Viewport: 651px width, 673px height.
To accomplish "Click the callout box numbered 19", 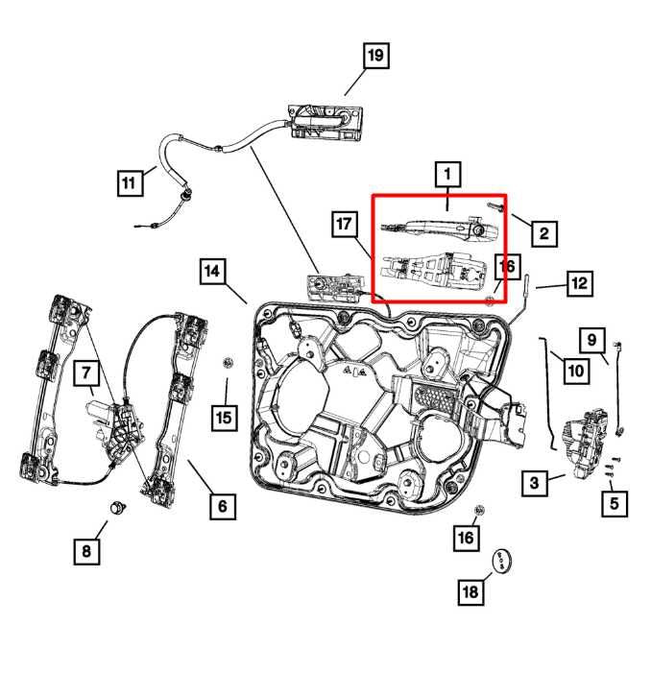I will [x=374, y=57].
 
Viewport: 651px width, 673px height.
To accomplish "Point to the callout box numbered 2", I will [x=542, y=231].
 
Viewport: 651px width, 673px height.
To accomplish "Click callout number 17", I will [x=346, y=226].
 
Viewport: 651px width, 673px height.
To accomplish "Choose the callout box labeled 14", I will [x=214, y=273].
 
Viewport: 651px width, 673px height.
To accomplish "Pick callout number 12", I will [x=578, y=283].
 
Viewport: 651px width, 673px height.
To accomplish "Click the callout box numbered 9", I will [x=592, y=340].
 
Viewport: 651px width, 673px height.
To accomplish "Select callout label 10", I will [x=574, y=370].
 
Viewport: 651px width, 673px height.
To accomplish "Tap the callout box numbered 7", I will [x=84, y=371].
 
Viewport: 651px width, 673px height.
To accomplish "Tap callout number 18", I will [x=470, y=592].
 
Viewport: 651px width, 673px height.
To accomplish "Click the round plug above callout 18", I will [x=502, y=560].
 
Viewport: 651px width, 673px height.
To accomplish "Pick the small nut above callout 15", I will [x=229, y=362].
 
